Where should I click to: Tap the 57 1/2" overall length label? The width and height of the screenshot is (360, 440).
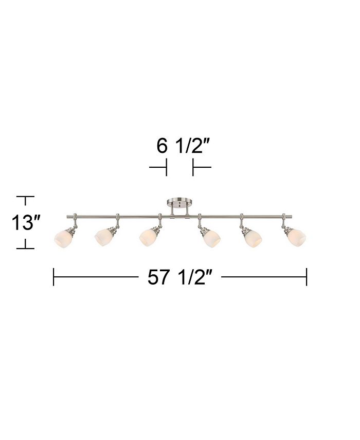(x=180, y=277)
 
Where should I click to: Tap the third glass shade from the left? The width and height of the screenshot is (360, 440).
(x=150, y=236)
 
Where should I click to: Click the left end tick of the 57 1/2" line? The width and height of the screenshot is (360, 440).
(x=53, y=277)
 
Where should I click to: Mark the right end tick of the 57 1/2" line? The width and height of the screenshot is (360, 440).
(x=307, y=277)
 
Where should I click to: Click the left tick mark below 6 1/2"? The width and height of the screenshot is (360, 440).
(x=166, y=167)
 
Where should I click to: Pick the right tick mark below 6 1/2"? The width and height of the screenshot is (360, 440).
(x=193, y=167)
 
